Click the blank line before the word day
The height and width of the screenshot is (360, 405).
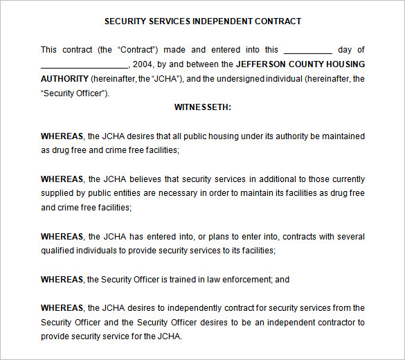308,51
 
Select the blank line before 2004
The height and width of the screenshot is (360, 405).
84,65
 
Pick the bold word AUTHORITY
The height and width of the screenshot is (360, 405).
64,78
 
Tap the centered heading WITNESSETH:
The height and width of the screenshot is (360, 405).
202,107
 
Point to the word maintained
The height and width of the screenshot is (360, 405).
343,136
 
